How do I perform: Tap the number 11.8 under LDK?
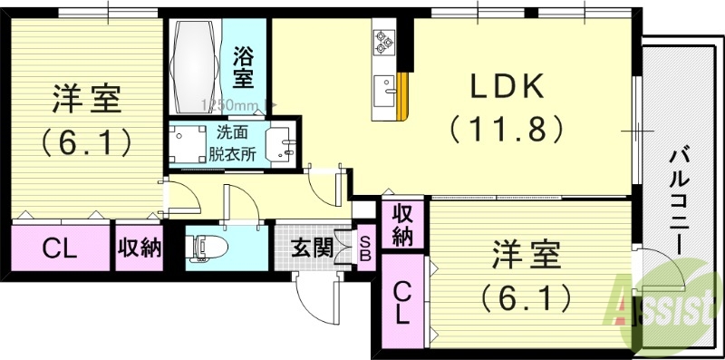tap(507, 128)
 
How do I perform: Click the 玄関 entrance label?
tap(312, 244)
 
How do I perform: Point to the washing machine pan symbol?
tap(188, 142)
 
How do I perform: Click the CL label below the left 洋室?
tap(61, 247)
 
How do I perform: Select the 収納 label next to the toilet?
tap(139, 247)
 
